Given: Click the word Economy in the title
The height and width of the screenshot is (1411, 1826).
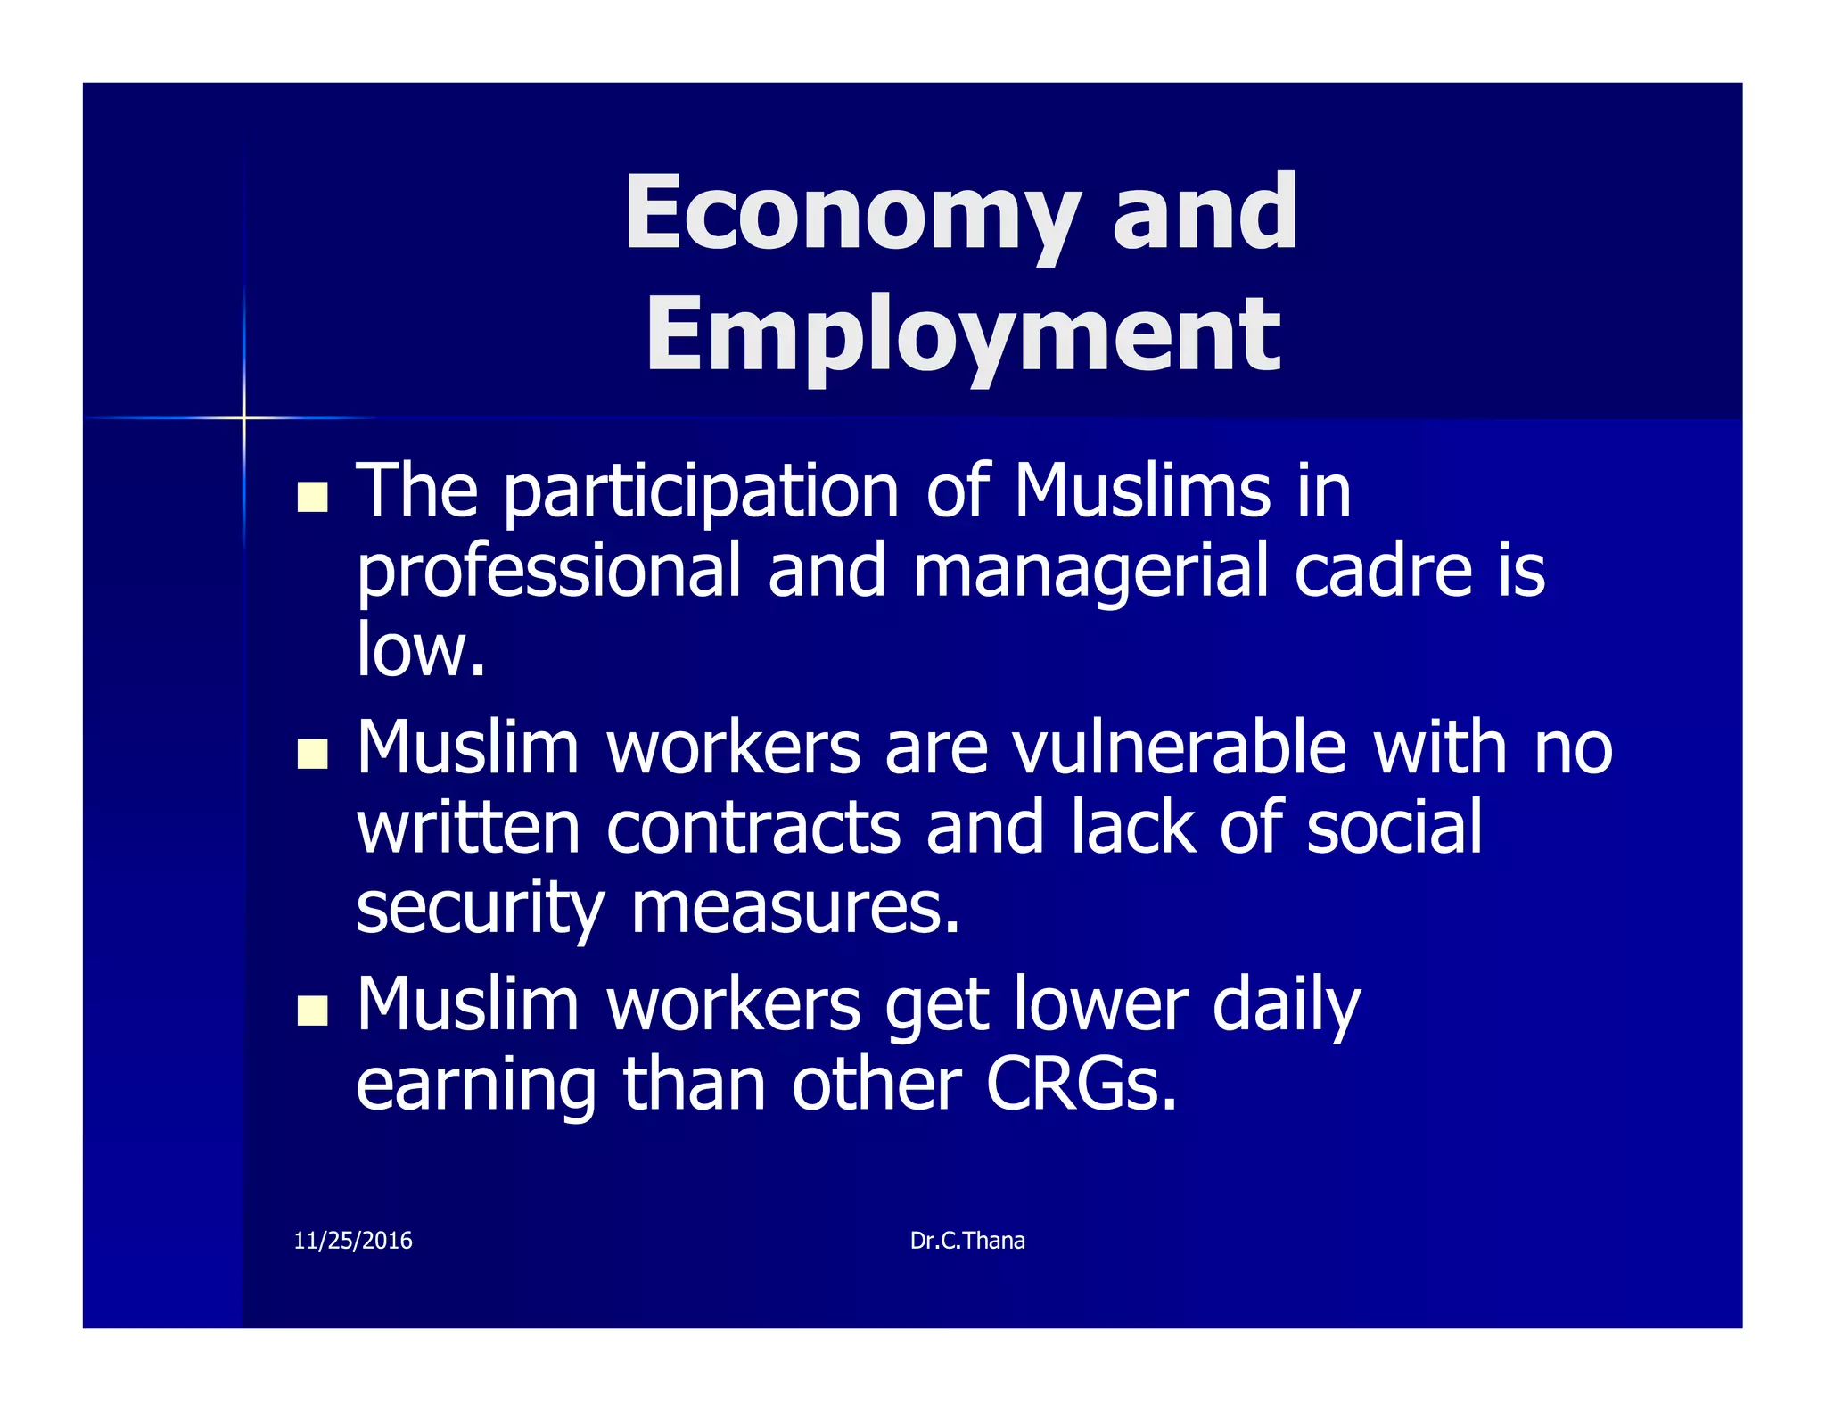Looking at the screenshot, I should tap(851, 214).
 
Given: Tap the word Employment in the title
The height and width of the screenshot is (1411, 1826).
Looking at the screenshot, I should tap(963, 336).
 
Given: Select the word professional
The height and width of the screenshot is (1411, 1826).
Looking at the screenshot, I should tap(548, 573).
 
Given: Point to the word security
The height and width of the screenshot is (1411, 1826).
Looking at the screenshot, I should tap(481, 908).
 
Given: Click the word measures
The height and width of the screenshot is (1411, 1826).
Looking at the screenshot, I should tap(795, 908).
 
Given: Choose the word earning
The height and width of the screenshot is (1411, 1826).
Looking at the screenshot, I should tap(476, 1086).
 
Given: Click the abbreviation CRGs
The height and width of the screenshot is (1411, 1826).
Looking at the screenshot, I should tap(1081, 1085).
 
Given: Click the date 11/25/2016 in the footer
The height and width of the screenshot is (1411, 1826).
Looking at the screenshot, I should tap(353, 1241).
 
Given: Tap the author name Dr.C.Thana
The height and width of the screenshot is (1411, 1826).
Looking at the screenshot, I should tap(967, 1241).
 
